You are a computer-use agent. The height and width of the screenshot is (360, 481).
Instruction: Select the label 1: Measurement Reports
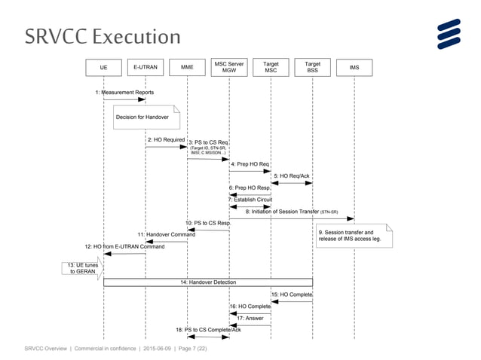point(124,92)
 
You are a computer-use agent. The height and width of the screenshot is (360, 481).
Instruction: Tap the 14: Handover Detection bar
point(207,282)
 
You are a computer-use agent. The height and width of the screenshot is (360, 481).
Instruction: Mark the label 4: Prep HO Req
point(250,164)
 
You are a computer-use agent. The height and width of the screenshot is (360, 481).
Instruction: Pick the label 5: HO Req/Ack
point(291,175)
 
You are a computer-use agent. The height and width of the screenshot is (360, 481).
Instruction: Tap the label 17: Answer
point(250,318)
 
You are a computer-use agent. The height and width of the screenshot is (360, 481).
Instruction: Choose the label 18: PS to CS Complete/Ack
point(208,330)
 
